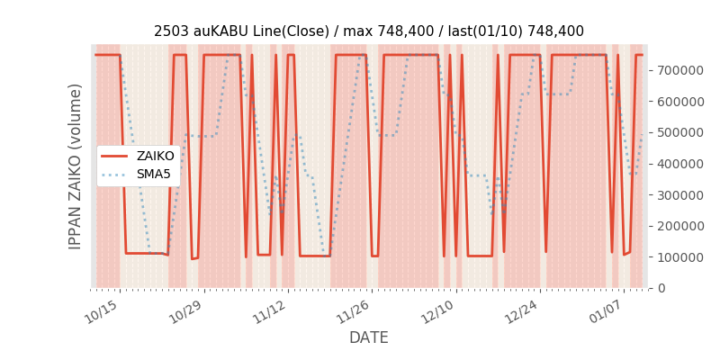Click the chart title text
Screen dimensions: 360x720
click(x=369, y=31)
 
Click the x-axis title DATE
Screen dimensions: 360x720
click(x=369, y=337)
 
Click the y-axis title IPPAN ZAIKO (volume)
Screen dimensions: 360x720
click(x=76, y=166)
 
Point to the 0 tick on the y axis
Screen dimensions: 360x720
click(x=660, y=288)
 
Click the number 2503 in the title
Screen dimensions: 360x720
click(x=171, y=31)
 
